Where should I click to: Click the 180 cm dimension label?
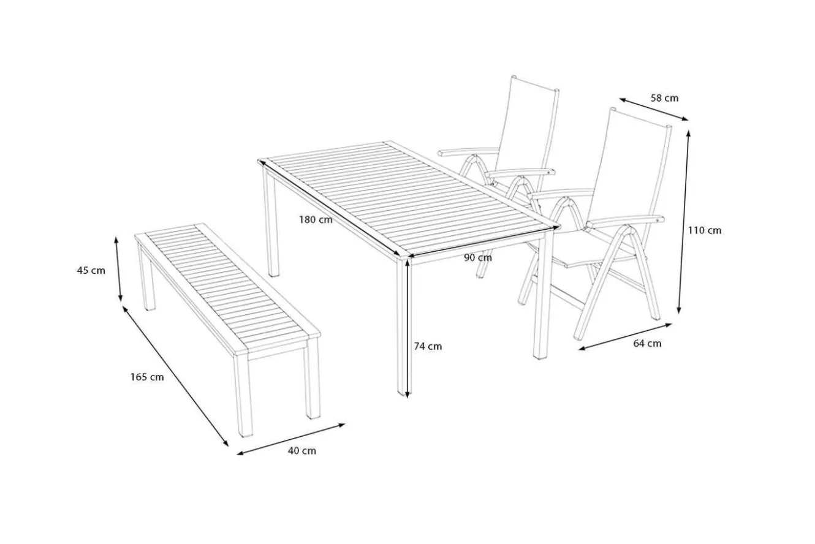[x=316, y=220]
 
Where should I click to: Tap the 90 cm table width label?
[x=478, y=258]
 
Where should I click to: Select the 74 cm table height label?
[x=428, y=347]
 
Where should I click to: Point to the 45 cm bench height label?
[x=91, y=271]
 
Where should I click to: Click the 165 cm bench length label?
[x=147, y=377]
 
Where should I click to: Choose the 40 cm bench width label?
[x=302, y=451]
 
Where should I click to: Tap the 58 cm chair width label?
[x=664, y=98]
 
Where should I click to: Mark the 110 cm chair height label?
[x=705, y=230]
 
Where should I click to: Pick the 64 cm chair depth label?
[x=647, y=344]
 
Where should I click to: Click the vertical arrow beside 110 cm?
[x=683, y=222]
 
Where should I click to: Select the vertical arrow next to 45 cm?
[x=119, y=269]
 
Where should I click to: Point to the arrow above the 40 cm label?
[x=290, y=439]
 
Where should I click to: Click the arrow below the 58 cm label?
[x=654, y=109]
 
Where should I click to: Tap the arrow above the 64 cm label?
[x=625, y=337]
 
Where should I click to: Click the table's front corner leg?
[x=403, y=327]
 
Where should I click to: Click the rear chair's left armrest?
[x=468, y=151]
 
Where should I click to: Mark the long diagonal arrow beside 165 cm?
[x=175, y=376]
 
